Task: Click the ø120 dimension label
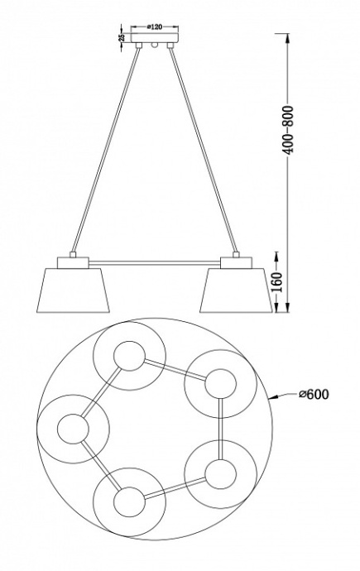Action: (x=154, y=26)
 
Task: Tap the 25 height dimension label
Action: (x=122, y=37)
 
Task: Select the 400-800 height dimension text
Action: (x=288, y=130)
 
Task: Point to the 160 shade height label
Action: (x=277, y=282)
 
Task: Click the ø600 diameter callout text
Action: (x=314, y=394)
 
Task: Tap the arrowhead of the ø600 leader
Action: (x=272, y=397)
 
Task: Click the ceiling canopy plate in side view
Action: (x=155, y=38)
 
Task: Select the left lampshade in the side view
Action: (x=73, y=290)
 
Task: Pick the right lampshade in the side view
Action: (x=236, y=290)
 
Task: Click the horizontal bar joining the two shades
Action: (x=155, y=262)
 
